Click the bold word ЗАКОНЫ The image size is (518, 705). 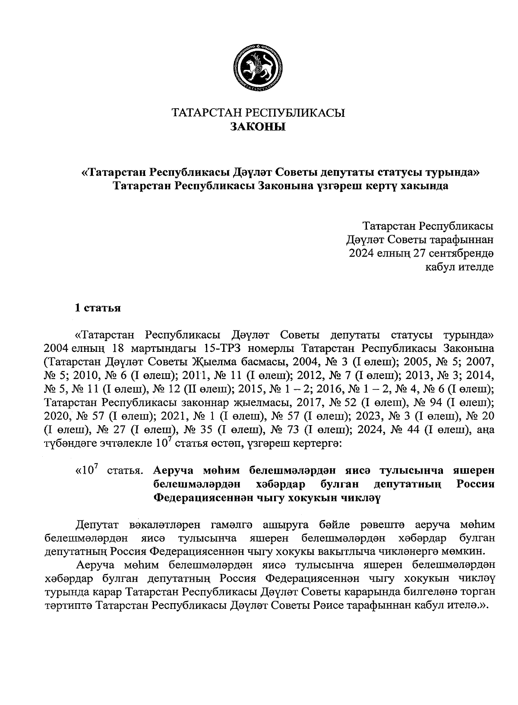(258, 127)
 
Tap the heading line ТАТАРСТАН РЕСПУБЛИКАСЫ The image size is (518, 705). (259, 113)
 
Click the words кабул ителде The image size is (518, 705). (459, 267)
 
